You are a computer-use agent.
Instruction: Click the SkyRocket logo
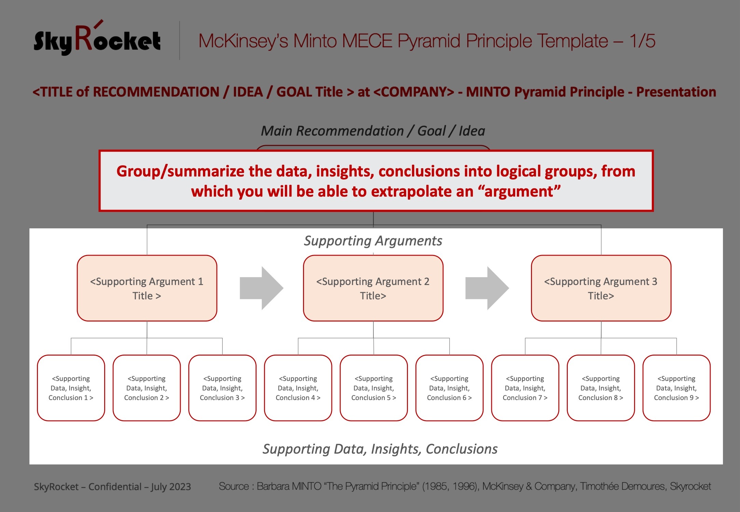[97, 38]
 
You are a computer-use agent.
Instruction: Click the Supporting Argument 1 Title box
[147, 288]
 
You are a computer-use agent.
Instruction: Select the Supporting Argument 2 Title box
[373, 288]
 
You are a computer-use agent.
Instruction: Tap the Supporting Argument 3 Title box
[601, 288]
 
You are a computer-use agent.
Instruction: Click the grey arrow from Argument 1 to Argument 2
[261, 288]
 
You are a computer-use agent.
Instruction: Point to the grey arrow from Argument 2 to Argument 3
[487, 288]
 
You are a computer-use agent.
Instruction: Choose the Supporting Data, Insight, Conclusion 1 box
[71, 388]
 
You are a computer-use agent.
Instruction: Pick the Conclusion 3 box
[222, 388]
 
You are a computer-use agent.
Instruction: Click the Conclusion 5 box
[374, 388]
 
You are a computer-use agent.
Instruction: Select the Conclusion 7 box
[525, 388]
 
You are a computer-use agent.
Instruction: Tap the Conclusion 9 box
[676, 388]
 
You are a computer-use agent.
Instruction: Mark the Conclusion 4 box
[298, 388]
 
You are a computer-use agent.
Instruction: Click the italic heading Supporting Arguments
[373, 241]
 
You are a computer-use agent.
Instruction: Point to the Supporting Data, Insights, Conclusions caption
[380, 449]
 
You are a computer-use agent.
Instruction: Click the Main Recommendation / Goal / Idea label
[373, 131]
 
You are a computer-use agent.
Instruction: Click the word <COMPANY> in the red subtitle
[414, 92]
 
